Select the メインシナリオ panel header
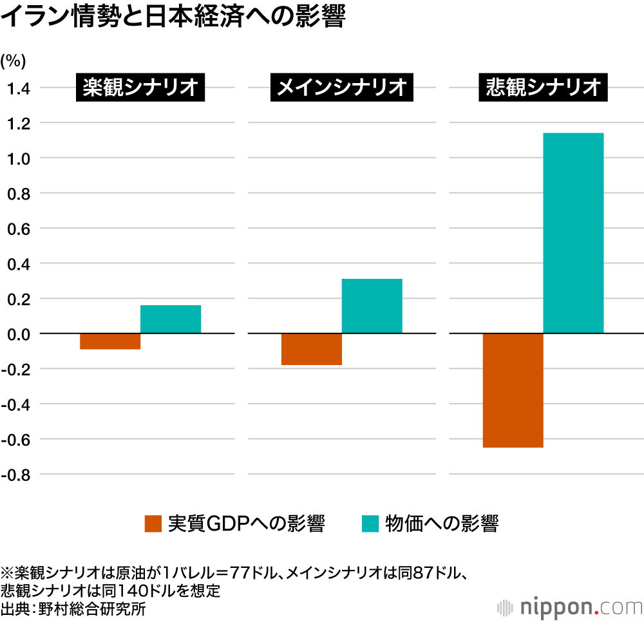click(x=341, y=87)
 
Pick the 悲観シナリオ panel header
click(x=542, y=87)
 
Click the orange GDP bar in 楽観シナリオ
click(x=110, y=341)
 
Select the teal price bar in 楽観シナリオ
click(x=171, y=319)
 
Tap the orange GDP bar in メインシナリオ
click(x=312, y=349)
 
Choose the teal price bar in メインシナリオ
click(x=372, y=306)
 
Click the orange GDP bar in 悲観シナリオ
click(x=513, y=390)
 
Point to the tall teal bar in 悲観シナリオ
click(x=573, y=233)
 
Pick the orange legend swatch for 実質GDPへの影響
click(x=153, y=523)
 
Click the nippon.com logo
click(x=570, y=607)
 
